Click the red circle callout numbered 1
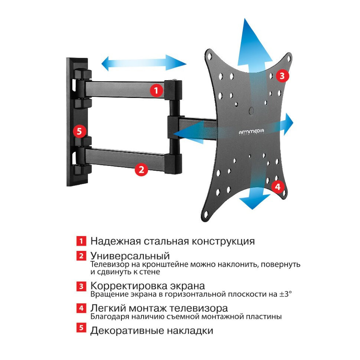(x=156, y=90)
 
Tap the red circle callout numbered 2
(x=141, y=170)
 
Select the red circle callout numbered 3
(x=282, y=76)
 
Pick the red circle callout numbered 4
(x=278, y=186)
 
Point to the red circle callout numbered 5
(x=79, y=131)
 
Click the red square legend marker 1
(x=81, y=241)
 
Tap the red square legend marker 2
(x=81, y=256)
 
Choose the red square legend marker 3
(x=81, y=286)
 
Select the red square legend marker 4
(x=81, y=308)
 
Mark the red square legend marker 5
(x=81, y=328)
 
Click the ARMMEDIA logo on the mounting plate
(x=251, y=131)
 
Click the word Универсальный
(x=130, y=256)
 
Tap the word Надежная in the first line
(x=115, y=242)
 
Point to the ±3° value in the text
(x=285, y=294)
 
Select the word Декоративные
(x=127, y=331)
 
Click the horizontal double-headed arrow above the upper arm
(x=144, y=63)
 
